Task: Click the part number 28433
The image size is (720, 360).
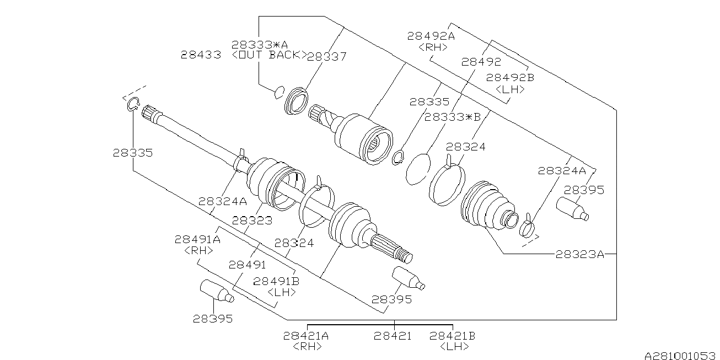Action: pyautogui.click(x=201, y=55)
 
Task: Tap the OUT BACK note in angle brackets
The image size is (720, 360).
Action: pyautogui.click(x=269, y=55)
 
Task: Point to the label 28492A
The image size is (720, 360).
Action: pyautogui.click(x=431, y=36)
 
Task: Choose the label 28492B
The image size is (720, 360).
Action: pyautogui.click(x=510, y=78)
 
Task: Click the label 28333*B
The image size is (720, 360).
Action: pyautogui.click(x=453, y=117)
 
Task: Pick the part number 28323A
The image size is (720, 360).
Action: pyautogui.click(x=579, y=254)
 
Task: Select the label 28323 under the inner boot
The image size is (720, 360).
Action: pyautogui.click(x=252, y=220)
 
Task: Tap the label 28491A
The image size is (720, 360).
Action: pyautogui.click(x=197, y=239)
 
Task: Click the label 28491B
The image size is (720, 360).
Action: pyautogui.click(x=276, y=281)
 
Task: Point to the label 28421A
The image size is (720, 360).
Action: pyautogui.click(x=306, y=335)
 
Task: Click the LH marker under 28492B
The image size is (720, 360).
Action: pyautogui.click(x=510, y=89)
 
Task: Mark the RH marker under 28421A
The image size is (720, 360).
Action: pyautogui.click(x=306, y=346)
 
